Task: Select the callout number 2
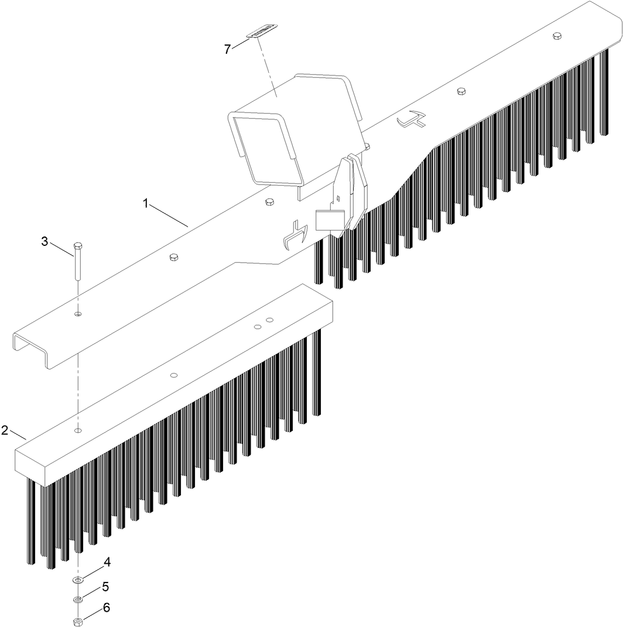(x=5, y=430)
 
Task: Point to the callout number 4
(x=107, y=562)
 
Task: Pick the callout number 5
(x=106, y=586)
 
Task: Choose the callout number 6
(x=106, y=608)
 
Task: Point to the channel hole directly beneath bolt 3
(x=78, y=314)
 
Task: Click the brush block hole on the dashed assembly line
(x=78, y=430)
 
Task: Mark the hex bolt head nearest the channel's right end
(x=556, y=36)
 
